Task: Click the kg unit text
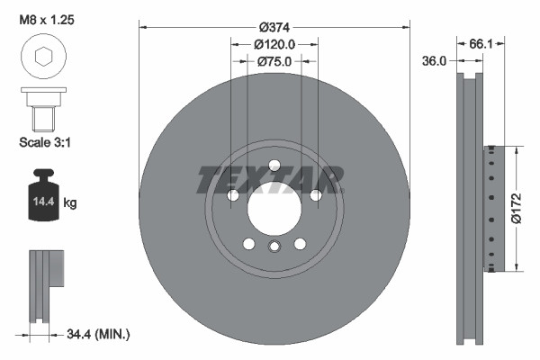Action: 70,203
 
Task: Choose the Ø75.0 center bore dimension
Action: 274,62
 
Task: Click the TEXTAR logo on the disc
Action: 269,179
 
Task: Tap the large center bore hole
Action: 274,210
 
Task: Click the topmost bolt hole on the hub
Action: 274,164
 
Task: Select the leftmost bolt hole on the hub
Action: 232,195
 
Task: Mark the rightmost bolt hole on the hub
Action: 317,195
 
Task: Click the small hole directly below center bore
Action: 274,247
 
